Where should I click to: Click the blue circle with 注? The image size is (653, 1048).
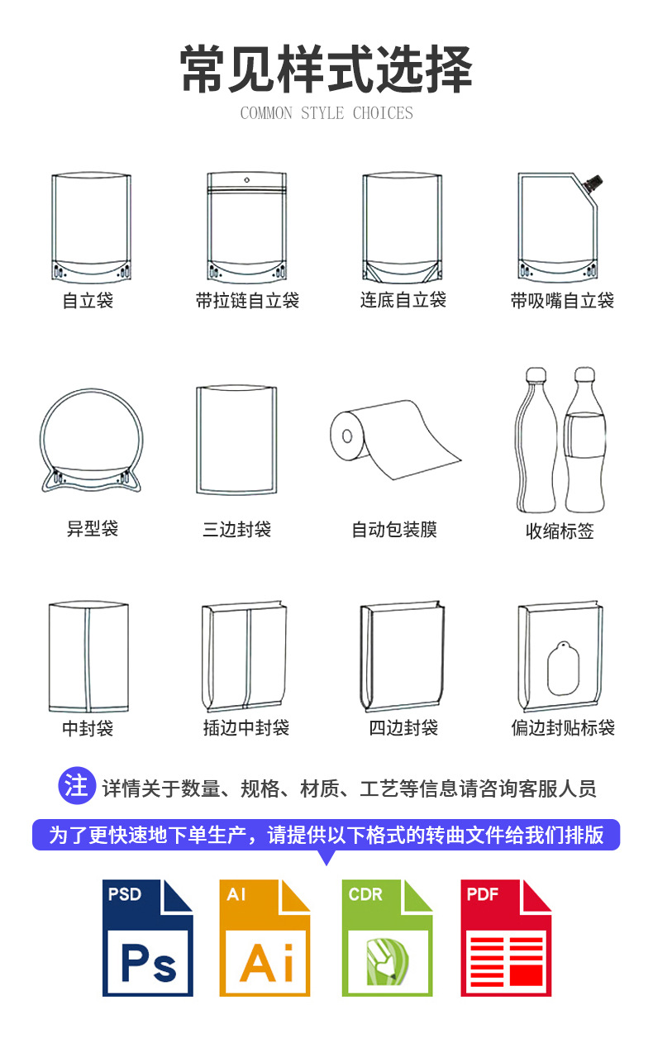pyautogui.click(x=77, y=785)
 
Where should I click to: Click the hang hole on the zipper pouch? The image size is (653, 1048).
pyautogui.click(x=247, y=180)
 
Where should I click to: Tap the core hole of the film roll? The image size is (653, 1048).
pyautogui.click(x=347, y=436)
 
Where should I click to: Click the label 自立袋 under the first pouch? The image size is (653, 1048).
pyautogui.click(x=88, y=300)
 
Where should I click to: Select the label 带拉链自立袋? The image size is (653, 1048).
pyautogui.click(x=247, y=300)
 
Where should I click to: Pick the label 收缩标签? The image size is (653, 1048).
pyautogui.click(x=560, y=531)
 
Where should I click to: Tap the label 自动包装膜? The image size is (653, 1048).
pyautogui.click(x=394, y=530)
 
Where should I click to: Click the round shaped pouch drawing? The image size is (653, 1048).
pyautogui.click(x=92, y=441)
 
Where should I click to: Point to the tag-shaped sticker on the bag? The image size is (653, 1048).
pyautogui.click(x=563, y=668)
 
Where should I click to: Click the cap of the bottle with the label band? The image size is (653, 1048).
pyautogui.click(x=584, y=374)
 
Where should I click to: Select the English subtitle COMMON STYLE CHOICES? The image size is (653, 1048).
pyautogui.click(x=326, y=113)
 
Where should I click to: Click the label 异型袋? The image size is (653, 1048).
pyautogui.click(x=93, y=529)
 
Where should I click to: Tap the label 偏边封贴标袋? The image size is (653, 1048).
pyautogui.click(x=563, y=727)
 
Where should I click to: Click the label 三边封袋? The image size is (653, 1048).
pyautogui.click(x=236, y=529)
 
